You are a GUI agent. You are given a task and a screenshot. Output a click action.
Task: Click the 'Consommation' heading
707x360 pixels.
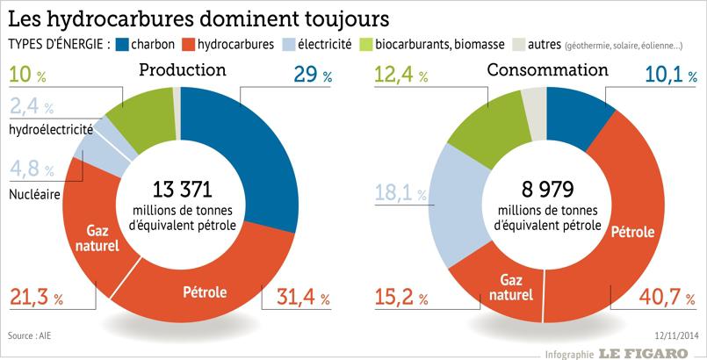pyautogui.click(x=547, y=70)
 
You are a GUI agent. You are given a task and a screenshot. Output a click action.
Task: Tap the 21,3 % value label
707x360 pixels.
pyautogui.click(x=37, y=298)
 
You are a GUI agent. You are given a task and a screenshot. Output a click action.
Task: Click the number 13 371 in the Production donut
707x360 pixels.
pyautogui.click(x=184, y=189)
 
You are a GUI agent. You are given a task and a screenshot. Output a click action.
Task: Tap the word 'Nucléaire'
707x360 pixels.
pyautogui.click(x=35, y=193)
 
